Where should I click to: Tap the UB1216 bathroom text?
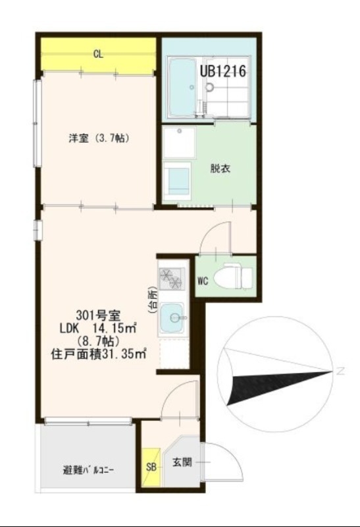pos(222,71)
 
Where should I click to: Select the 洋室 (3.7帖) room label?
pos(99,138)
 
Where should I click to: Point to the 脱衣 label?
pos(220,168)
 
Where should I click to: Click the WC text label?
pos(203,281)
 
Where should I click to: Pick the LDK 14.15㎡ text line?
pos(98,328)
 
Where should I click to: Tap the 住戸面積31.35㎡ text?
pos(98,354)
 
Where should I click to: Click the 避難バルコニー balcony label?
pos(89,470)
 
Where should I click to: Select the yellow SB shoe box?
pos(150,468)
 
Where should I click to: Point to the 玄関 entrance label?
pos(182,463)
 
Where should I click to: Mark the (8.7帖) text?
pos(98,341)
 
